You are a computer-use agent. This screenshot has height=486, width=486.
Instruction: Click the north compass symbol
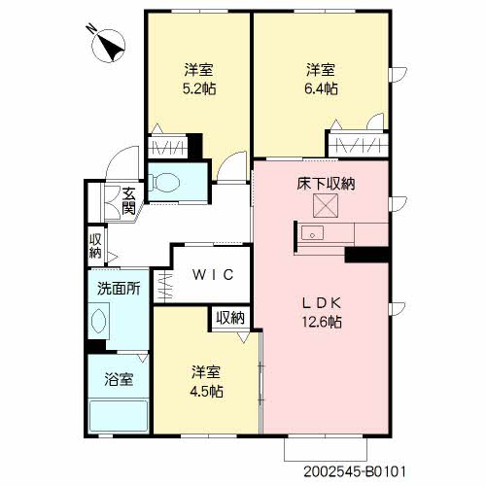pyautogui.click(x=108, y=46)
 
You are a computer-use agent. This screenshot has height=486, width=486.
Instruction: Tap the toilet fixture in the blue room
pyautogui.click(x=163, y=183)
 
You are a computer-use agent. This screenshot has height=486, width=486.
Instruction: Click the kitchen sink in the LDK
pyautogui.click(x=312, y=232)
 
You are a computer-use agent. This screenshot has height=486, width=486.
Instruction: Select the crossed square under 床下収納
pyautogui.click(x=326, y=205)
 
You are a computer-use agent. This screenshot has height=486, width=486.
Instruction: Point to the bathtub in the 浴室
pyautogui.click(x=119, y=416)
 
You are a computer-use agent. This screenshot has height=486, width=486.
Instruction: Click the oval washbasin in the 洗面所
pyautogui.click(x=98, y=321)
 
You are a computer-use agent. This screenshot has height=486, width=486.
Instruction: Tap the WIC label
pyautogui.click(x=213, y=275)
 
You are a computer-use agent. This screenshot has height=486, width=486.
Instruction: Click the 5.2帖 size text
pyautogui.click(x=199, y=88)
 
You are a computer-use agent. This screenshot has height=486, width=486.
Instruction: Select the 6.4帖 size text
pyautogui.click(x=321, y=88)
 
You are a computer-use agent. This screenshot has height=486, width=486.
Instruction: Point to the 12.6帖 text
pyautogui.click(x=322, y=322)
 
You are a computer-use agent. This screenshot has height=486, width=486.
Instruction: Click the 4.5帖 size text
pyautogui.click(x=206, y=392)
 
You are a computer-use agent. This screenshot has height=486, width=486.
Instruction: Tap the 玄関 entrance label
pyautogui.click(x=128, y=201)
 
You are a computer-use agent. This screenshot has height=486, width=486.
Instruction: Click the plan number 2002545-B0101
pyautogui.click(x=355, y=471)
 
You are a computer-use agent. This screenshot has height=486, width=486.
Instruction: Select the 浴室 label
pyautogui.click(x=119, y=379)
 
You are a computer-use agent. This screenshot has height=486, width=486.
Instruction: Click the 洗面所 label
pyautogui.click(x=119, y=289)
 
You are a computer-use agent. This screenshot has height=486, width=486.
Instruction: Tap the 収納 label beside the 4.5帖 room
pyautogui.click(x=230, y=318)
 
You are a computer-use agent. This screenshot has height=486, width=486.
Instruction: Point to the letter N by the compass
pyautogui.click(x=91, y=28)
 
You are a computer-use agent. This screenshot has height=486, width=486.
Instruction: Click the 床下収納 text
pyautogui.click(x=326, y=184)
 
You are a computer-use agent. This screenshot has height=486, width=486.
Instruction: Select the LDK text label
pyautogui.click(x=322, y=303)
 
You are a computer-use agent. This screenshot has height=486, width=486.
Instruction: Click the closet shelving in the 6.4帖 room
pyautogui.click(x=358, y=145)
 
